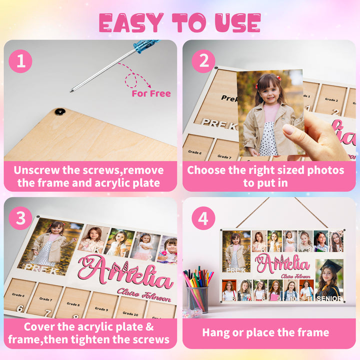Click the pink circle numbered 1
[x=20, y=61]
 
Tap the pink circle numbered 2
[x=203, y=62]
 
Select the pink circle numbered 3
[x=20, y=218]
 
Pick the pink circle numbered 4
[x=203, y=218]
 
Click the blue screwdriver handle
[x=146, y=46]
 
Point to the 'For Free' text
[x=151, y=93]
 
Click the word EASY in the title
[x=130, y=23]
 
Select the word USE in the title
[x=237, y=23]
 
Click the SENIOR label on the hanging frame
[x=329, y=298]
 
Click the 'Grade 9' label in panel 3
[x=101, y=309]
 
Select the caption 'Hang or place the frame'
[x=265, y=332]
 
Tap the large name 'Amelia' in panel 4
[x=283, y=264]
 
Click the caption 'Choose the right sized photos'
[x=265, y=170]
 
